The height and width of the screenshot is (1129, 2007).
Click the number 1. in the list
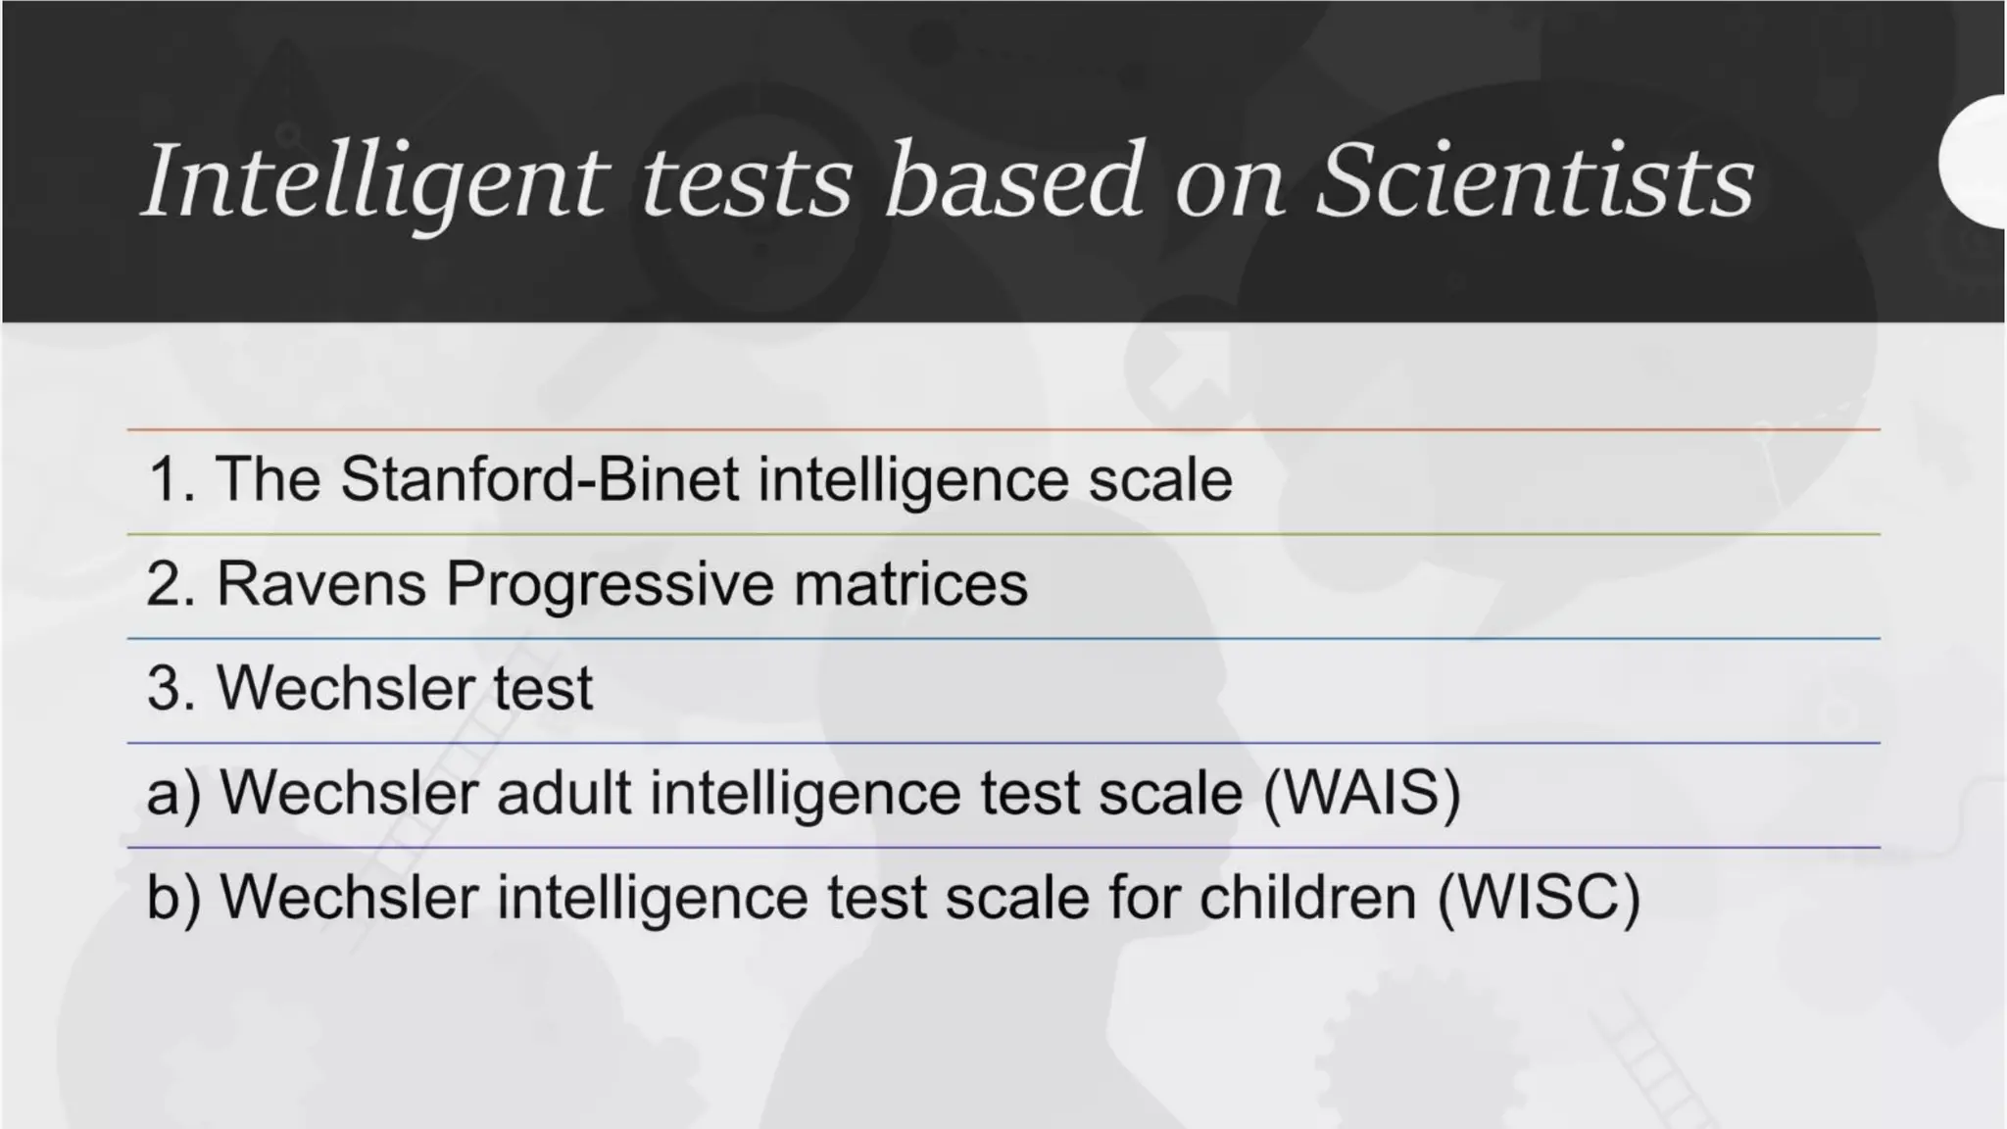(169, 480)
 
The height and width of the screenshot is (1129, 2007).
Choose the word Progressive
(609, 585)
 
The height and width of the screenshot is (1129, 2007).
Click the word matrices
(910, 585)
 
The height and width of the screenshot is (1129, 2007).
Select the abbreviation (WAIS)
(1362, 793)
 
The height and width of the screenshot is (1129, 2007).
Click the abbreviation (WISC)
(1539, 898)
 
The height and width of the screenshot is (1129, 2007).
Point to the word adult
(563, 793)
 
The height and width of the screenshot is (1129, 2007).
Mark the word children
(1307, 898)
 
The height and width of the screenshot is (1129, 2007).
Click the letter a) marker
(172, 793)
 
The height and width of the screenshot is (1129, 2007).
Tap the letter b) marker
(172, 898)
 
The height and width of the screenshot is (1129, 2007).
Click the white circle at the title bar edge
(1976, 163)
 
